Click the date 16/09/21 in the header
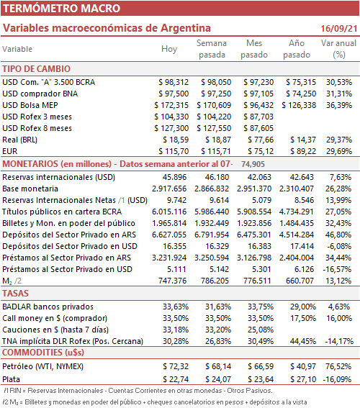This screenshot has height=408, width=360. (338, 28)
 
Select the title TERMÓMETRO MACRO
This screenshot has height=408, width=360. (61, 9)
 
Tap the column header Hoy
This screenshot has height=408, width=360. (169, 49)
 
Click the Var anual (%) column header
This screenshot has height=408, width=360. (338, 49)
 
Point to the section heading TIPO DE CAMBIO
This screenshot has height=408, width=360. (37, 69)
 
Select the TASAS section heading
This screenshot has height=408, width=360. (15, 294)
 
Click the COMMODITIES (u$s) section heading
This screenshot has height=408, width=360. (43, 353)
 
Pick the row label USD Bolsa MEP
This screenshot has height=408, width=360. (30, 105)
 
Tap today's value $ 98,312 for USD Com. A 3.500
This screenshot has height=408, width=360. (174, 82)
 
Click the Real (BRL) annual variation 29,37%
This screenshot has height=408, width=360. (339, 140)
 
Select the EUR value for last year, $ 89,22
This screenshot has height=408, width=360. (303, 151)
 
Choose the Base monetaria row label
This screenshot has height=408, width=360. (30, 189)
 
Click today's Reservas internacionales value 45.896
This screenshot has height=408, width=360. (174, 177)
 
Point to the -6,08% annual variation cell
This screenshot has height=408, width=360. (338, 246)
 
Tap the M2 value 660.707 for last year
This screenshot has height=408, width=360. (300, 281)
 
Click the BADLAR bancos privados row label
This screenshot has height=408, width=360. (48, 307)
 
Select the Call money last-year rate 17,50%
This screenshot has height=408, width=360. (303, 318)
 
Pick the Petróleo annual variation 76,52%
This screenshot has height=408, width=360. (338, 366)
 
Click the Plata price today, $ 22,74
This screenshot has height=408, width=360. (176, 379)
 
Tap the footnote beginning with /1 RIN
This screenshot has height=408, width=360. (138, 391)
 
